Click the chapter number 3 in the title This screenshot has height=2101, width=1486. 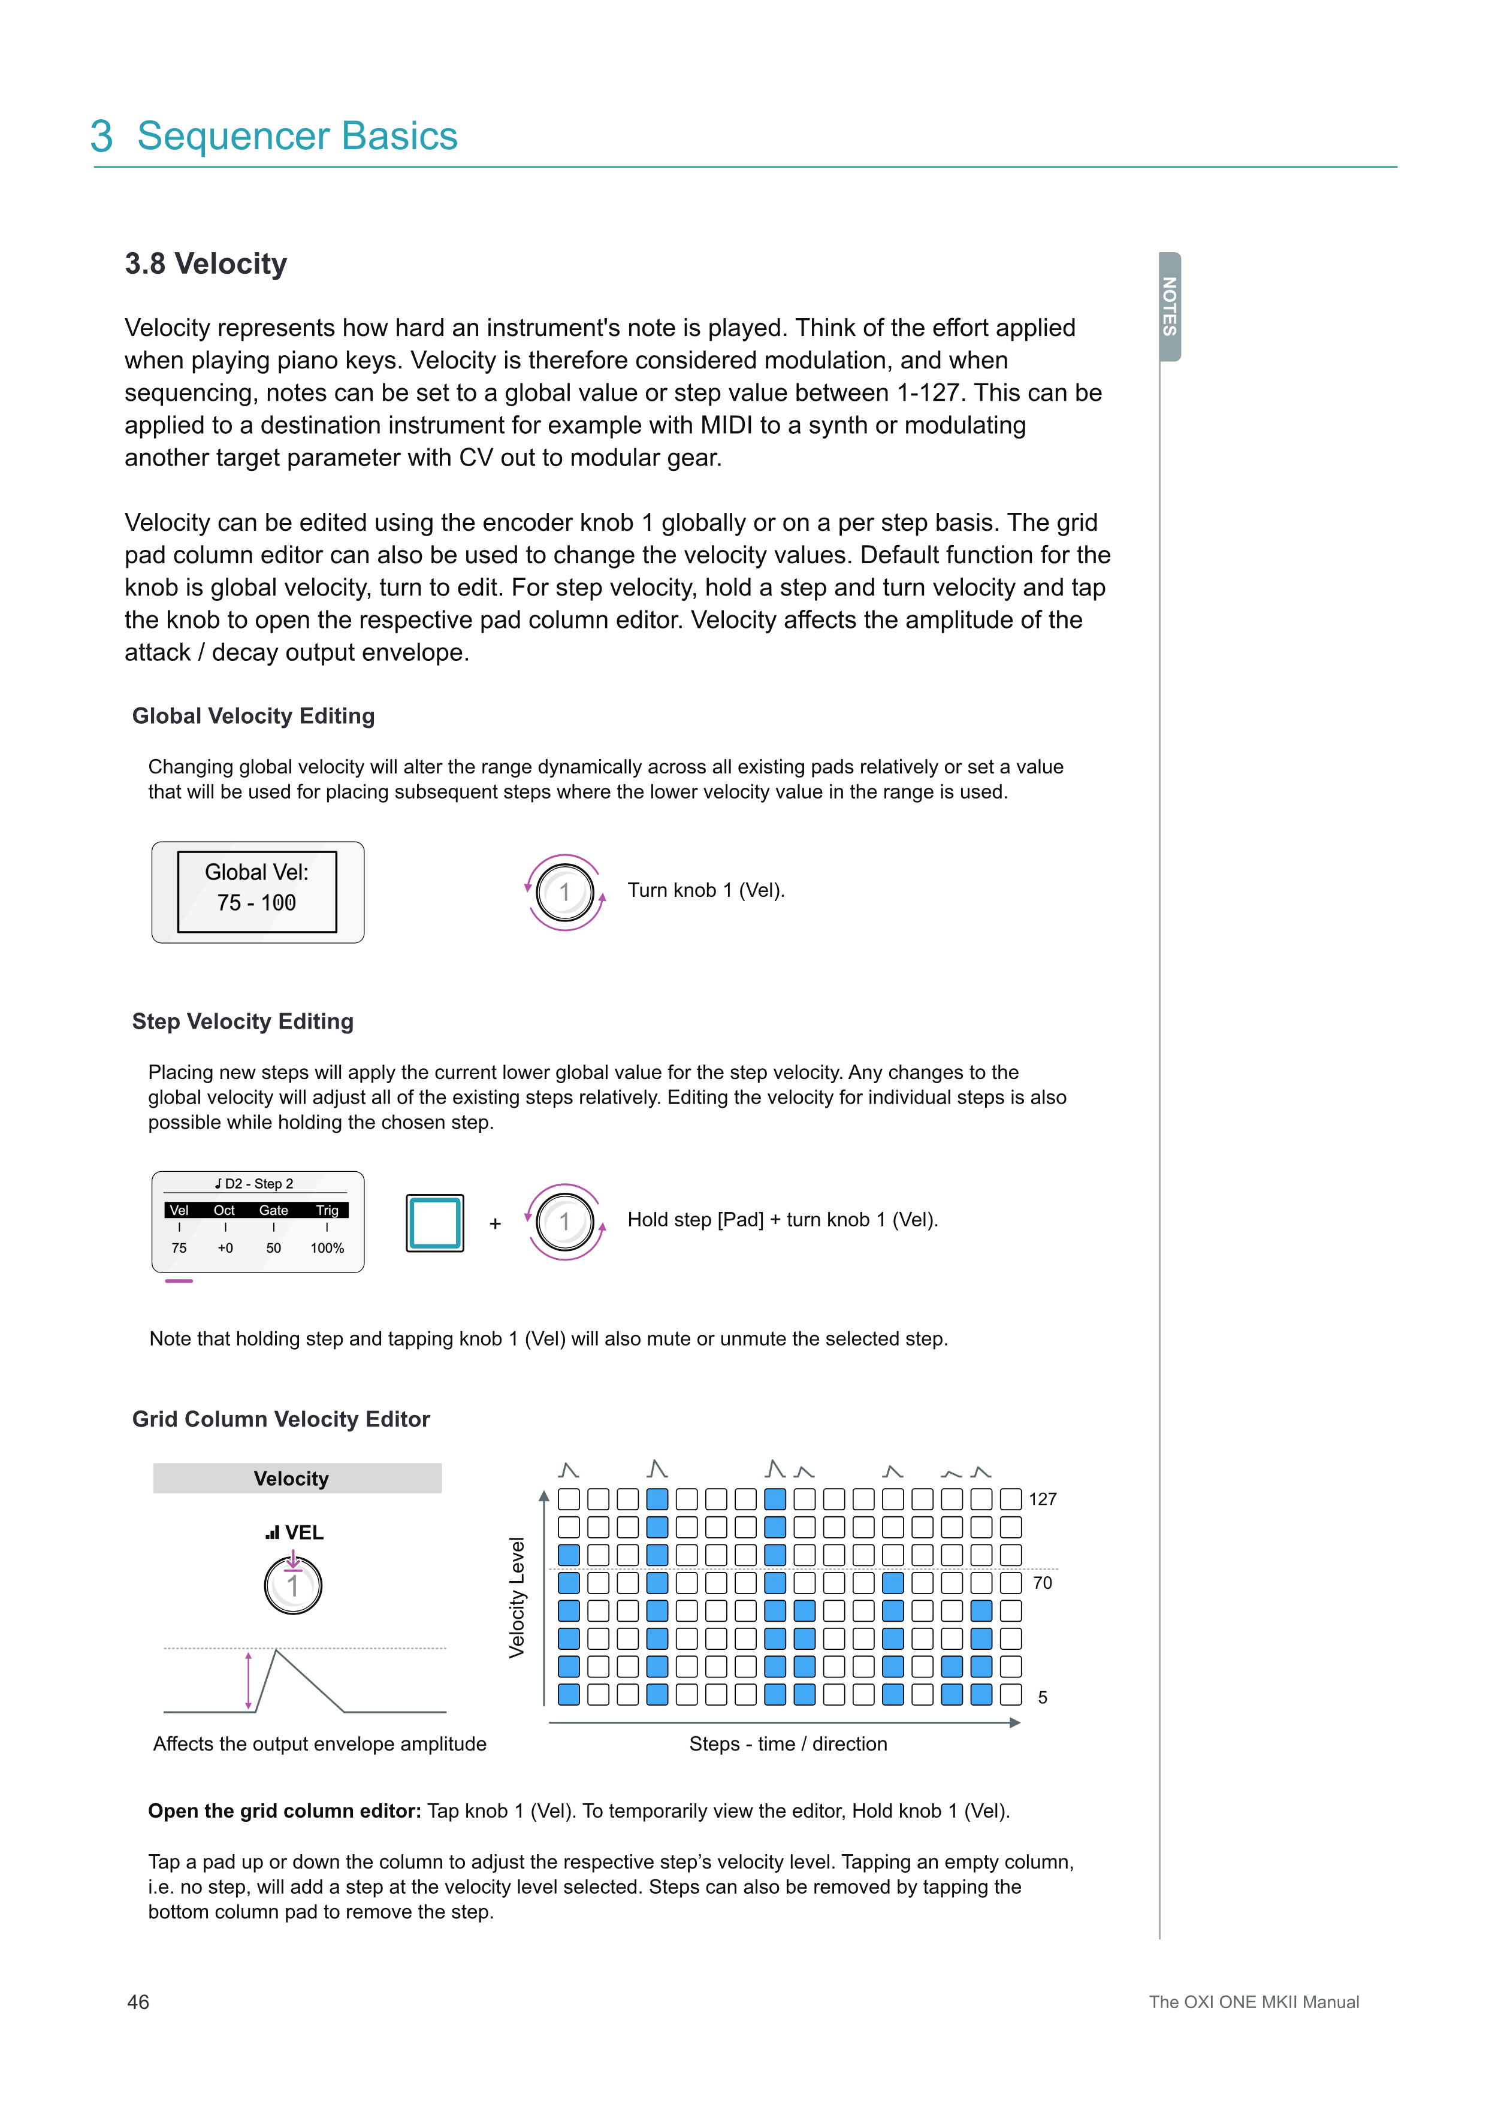pos(102,137)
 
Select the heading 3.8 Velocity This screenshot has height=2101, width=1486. pos(206,264)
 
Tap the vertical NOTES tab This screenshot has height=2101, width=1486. pos(1170,307)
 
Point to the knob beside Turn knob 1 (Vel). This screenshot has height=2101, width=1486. pos(564,892)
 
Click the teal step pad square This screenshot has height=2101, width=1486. pos(434,1223)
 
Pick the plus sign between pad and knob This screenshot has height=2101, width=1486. pos(495,1223)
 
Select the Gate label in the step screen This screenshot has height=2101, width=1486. pos(274,1210)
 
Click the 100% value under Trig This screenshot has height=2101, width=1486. pos(327,1248)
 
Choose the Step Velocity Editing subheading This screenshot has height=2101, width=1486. pos(243,1021)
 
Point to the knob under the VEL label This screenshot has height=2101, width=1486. pos(293,1586)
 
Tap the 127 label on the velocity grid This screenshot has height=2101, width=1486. pos(1042,1499)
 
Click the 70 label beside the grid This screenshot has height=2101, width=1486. pos(1042,1582)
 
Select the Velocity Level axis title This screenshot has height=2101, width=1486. pos(517,1597)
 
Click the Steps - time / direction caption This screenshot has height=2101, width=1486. pos(788,1744)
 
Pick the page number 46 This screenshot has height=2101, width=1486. pos(138,2002)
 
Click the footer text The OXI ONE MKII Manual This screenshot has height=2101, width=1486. pos(1254,2002)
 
